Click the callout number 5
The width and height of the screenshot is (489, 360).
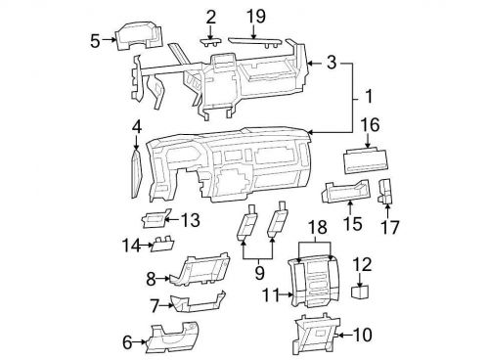(95, 41)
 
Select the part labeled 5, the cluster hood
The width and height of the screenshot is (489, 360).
(139, 36)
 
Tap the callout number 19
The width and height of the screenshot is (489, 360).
(256, 16)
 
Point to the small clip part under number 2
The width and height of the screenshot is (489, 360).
(210, 42)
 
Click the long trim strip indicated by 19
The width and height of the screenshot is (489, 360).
(254, 42)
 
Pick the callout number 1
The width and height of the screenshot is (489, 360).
(369, 96)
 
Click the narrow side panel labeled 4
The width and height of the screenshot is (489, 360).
(137, 173)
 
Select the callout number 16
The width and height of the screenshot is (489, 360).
(371, 125)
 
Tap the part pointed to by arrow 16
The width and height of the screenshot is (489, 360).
(366, 161)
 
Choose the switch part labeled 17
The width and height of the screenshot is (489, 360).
(385, 191)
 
